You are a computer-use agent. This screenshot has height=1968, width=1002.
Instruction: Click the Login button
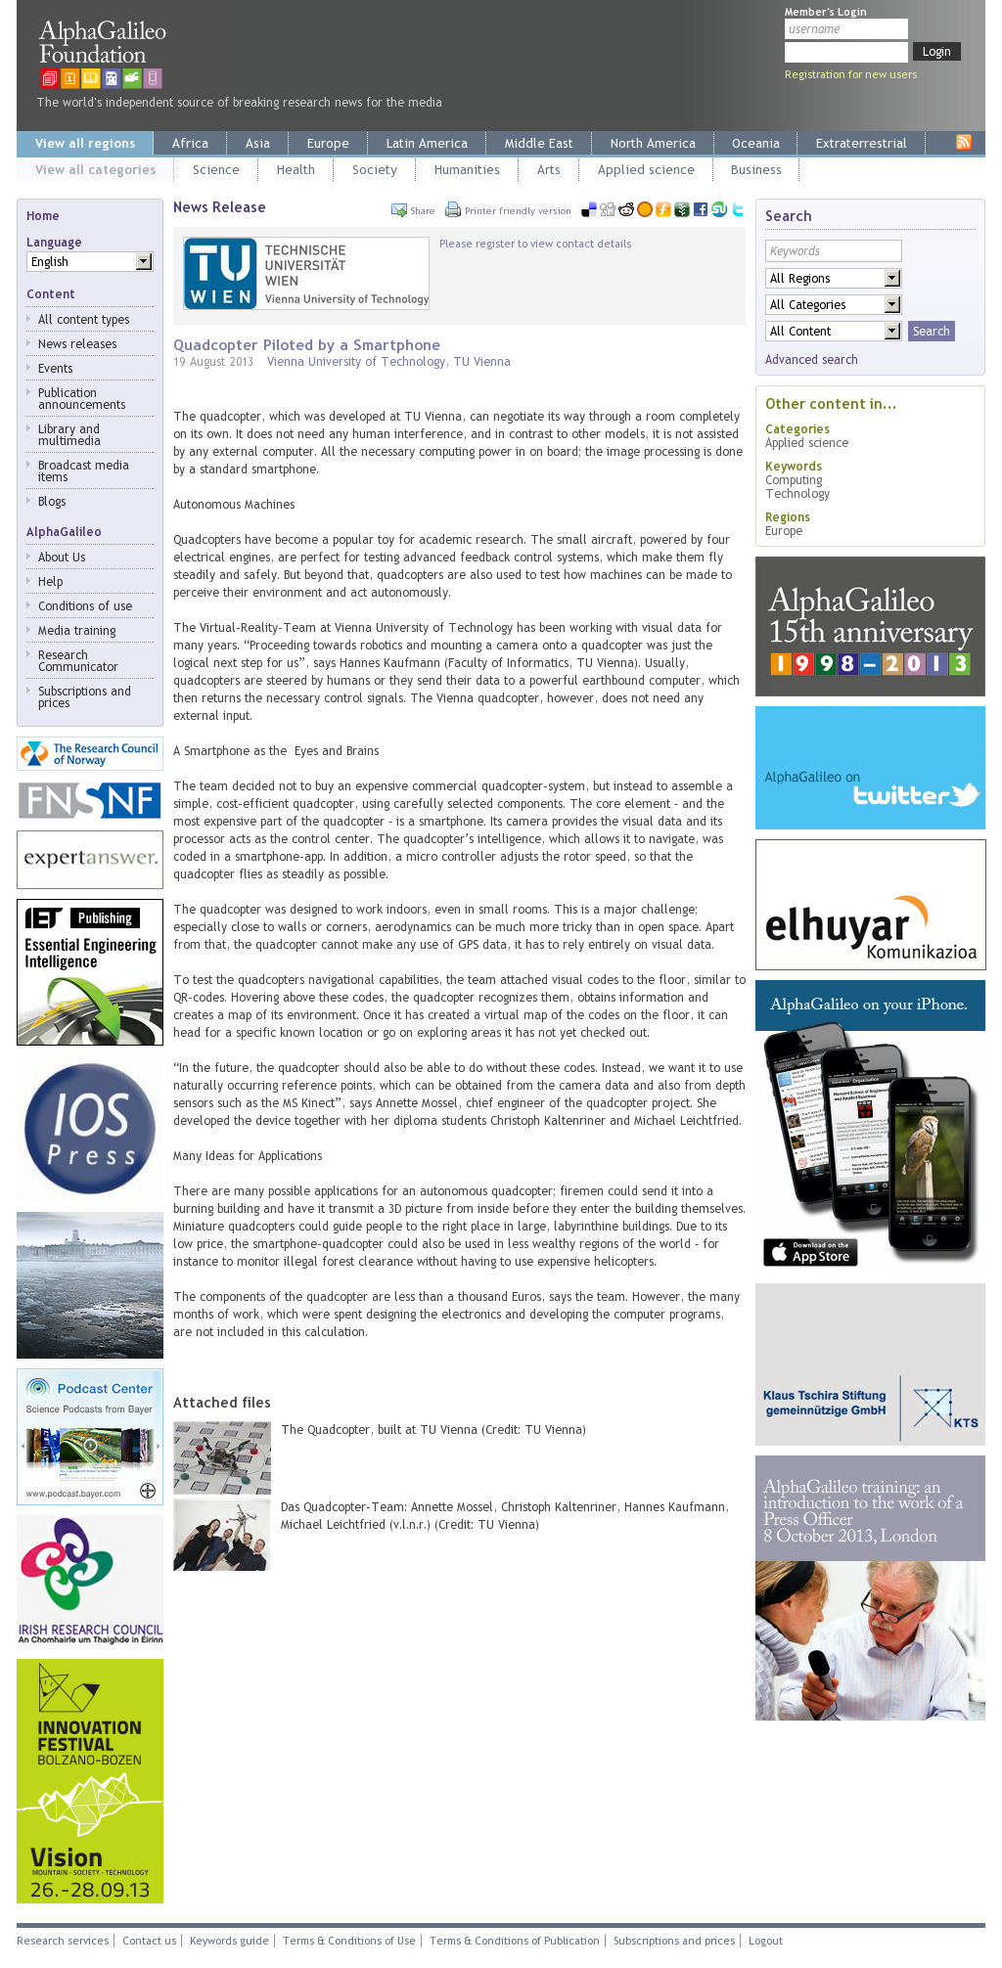click(x=935, y=52)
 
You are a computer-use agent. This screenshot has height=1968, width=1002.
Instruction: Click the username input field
click(x=845, y=29)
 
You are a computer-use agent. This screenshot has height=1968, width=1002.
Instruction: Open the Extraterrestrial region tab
click(x=860, y=144)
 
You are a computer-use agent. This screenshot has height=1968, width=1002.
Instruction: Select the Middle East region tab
click(x=538, y=144)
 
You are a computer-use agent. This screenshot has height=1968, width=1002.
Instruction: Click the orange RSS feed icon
click(x=964, y=142)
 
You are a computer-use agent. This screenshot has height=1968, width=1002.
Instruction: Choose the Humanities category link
click(x=467, y=170)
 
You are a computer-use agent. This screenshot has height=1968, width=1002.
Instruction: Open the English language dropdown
click(x=144, y=262)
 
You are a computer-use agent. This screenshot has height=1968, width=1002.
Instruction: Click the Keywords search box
click(x=833, y=251)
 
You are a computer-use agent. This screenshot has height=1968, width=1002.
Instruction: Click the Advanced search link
click(x=811, y=360)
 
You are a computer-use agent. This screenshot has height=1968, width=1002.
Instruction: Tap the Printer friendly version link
click(x=517, y=211)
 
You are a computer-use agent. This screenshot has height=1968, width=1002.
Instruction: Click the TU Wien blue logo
click(x=221, y=274)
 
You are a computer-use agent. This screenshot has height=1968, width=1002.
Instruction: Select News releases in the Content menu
click(x=77, y=344)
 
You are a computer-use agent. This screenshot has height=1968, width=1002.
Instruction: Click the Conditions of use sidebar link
click(x=85, y=606)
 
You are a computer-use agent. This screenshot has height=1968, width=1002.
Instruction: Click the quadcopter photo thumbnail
click(x=222, y=1457)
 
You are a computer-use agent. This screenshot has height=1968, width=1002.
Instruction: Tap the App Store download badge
click(x=810, y=1253)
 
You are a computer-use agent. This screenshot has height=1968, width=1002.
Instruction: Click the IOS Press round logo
click(x=90, y=1129)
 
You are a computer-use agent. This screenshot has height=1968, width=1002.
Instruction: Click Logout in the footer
click(x=765, y=1942)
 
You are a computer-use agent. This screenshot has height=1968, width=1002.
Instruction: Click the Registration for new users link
click(x=850, y=75)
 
